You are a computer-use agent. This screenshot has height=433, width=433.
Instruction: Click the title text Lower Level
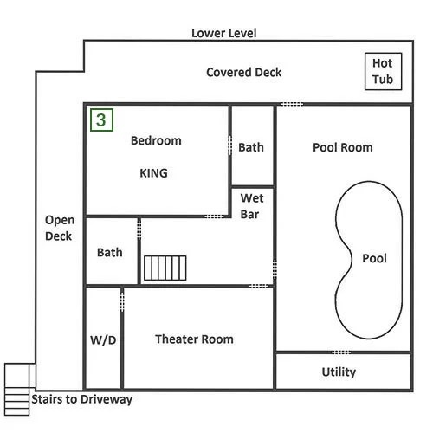tap(224, 33)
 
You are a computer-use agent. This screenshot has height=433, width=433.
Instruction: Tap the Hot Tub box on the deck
tap(383, 71)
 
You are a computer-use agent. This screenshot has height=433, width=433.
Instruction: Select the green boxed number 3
tap(101, 120)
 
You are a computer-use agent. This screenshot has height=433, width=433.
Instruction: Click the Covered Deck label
tap(244, 72)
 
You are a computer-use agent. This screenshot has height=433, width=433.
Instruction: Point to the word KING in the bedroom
tap(153, 173)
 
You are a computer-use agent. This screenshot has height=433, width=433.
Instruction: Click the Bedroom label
tap(156, 140)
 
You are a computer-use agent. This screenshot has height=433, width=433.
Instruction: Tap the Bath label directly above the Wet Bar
tap(251, 147)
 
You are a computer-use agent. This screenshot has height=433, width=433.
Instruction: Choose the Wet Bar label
tap(252, 206)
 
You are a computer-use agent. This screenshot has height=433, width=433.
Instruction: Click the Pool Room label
tap(343, 147)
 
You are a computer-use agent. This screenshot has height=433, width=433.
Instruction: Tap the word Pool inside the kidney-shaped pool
tap(374, 258)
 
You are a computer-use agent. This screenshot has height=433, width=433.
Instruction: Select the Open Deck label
tap(60, 228)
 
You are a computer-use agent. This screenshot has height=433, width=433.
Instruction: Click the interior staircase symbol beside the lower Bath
tap(165, 268)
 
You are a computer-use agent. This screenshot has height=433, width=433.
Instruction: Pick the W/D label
tap(103, 340)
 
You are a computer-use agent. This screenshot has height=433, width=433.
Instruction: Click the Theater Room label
tap(194, 339)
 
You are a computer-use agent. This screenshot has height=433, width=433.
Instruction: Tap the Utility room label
tap(339, 372)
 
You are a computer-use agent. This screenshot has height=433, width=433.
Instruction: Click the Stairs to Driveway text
tap(82, 399)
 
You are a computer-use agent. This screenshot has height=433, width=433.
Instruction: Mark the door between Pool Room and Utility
tap(341, 352)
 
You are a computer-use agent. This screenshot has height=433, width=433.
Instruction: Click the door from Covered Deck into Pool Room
tap(292, 104)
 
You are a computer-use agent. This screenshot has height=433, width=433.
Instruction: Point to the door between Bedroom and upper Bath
tap(230, 145)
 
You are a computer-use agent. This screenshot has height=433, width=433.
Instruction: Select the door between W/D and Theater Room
tap(122, 302)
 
